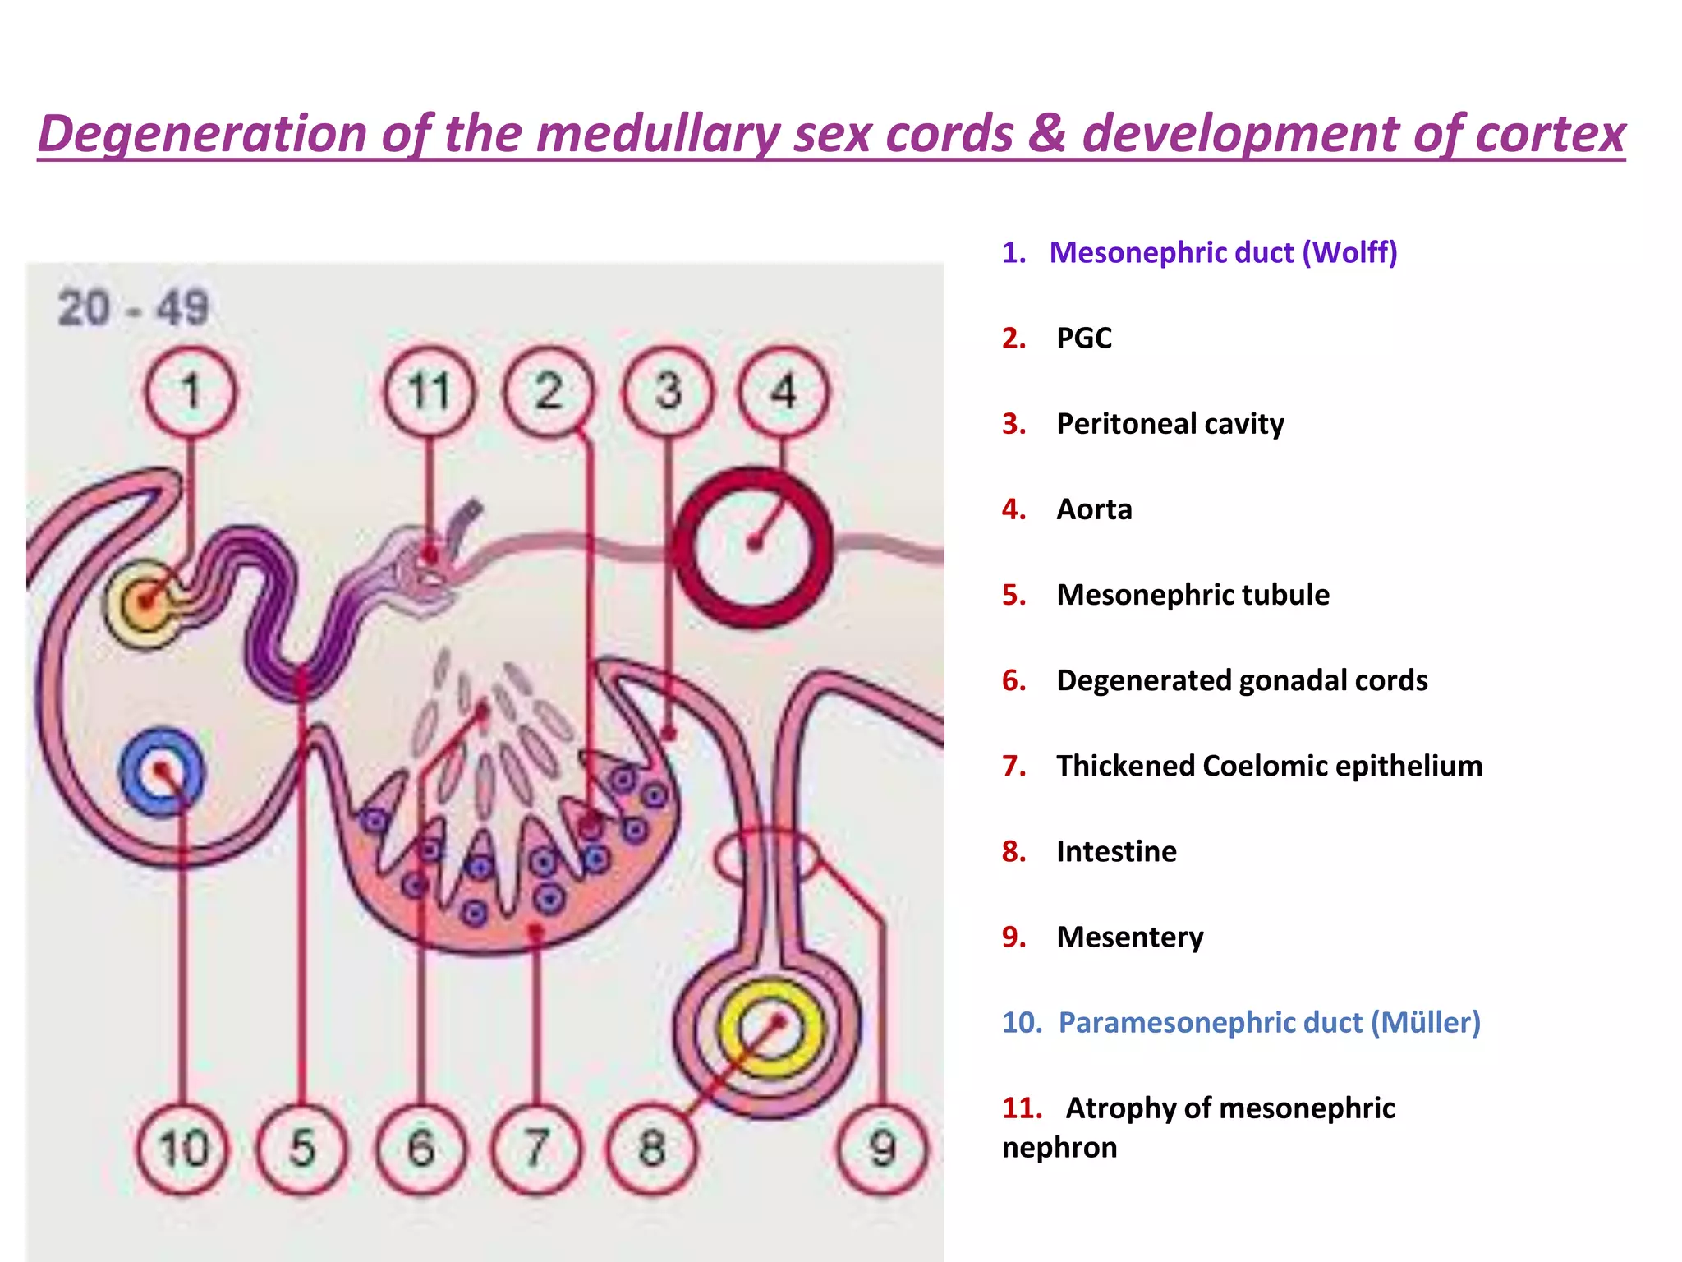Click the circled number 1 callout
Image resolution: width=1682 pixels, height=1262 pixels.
click(x=191, y=391)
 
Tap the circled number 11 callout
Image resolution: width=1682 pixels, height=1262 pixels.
click(x=429, y=391)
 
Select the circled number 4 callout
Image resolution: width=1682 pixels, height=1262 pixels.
click(x=784, y=391)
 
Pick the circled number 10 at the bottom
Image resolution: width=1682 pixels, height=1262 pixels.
click(x=182, y=1148)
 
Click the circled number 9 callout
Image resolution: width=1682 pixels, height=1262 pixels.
click(x=882, y=1148)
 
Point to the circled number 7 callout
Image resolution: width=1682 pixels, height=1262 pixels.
click(x=536, y=1148)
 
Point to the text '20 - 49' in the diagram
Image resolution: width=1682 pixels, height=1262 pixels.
click(x=134, y=309)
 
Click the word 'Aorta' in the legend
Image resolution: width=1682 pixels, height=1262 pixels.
click(x=1094, y=509)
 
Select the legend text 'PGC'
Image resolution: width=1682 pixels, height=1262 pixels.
click(x=1084, y=339)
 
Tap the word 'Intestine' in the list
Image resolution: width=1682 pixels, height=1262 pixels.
click(x=1116, y=851)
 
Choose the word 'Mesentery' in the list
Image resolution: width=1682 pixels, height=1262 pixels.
click(x=1130, y=937)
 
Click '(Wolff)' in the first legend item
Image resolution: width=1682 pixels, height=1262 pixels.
click(x=1349, y=252)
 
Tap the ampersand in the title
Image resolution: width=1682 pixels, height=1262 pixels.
click(x=1047, y=134)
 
